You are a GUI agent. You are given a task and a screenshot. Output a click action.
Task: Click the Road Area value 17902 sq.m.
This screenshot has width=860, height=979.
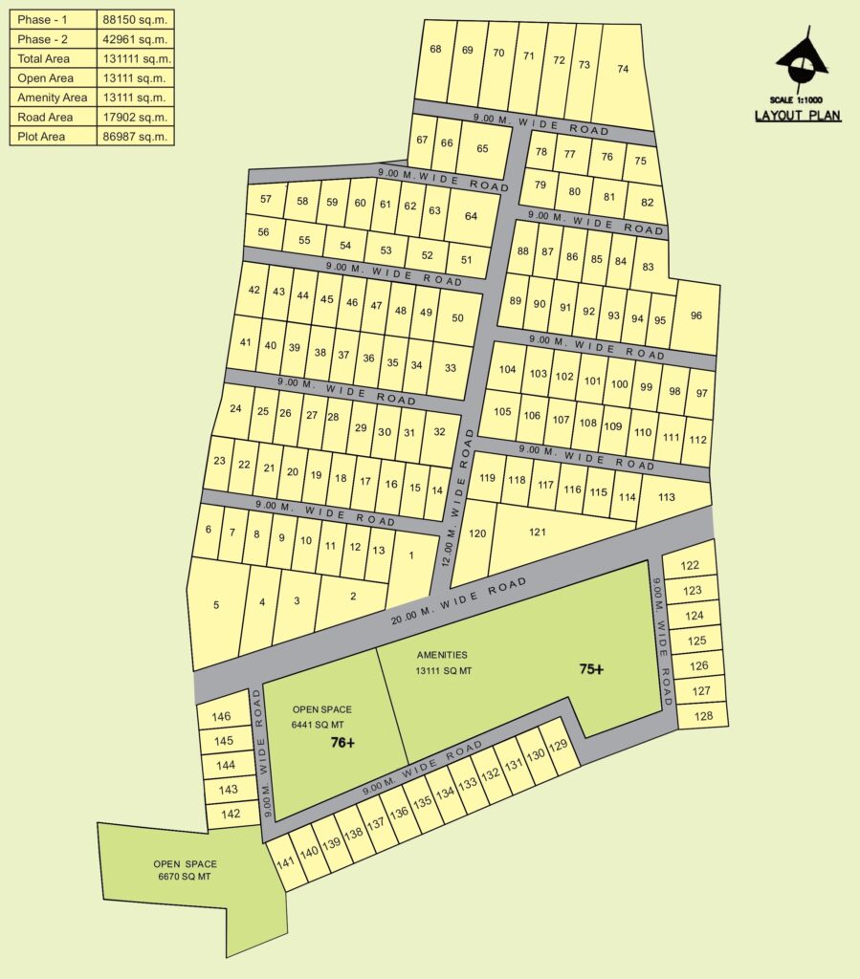coord(136,118)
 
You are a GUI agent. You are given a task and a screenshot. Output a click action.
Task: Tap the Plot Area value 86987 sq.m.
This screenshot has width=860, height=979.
coord(136,137)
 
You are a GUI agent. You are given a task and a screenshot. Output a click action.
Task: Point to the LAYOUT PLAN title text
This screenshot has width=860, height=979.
coord(797,116)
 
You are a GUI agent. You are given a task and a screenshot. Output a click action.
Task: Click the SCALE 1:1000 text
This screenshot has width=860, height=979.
coord(796,100)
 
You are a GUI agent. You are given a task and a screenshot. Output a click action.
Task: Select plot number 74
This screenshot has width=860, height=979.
coord(624,69)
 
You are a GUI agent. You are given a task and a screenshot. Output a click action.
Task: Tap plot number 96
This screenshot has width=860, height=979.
coord(695,316)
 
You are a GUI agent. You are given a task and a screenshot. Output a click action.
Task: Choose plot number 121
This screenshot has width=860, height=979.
coord(538,532)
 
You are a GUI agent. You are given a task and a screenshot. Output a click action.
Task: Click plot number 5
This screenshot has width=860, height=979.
coord(216,605)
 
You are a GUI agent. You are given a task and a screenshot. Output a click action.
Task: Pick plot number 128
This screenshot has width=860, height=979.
coord(703,715)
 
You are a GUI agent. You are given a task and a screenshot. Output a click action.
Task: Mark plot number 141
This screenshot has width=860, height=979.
coord(283,862)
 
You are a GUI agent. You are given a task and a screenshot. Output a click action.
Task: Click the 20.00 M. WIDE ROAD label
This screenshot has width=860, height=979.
coord(459,600)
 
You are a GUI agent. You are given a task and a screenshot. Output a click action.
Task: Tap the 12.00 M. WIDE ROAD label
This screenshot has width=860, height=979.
coord(457,497)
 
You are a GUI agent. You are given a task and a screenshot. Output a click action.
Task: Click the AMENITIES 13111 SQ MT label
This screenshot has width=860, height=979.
coord(443,663)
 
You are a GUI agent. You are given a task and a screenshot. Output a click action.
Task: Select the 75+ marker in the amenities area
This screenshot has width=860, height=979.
coord(591,669)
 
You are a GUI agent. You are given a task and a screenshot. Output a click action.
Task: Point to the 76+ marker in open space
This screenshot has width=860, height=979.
coord(342,742)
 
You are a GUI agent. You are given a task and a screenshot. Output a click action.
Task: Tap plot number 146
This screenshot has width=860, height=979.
coord(222,717)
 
